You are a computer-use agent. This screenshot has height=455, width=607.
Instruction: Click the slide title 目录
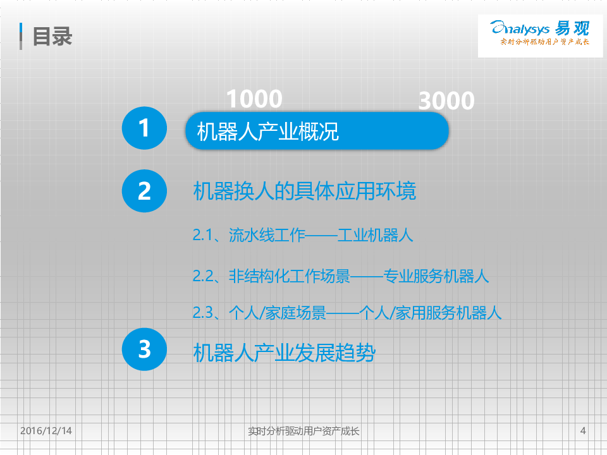(x=52, y=37)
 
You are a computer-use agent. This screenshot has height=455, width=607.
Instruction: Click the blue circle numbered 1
(x=144, y=128)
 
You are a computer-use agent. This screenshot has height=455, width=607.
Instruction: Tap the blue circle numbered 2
(x=144, y=191)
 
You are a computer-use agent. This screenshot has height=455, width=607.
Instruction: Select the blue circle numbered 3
(x=144, y=349)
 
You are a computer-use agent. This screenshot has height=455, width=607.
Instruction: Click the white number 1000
(x=254, y=99)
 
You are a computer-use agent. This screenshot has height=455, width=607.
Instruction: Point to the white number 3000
(x=446, y=100)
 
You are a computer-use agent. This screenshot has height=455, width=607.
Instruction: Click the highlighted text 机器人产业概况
(x=268, y=131)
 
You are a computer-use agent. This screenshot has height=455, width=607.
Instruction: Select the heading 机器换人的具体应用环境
(x=305, y=191)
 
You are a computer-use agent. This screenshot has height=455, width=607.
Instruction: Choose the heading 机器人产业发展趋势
(x=285, y=353)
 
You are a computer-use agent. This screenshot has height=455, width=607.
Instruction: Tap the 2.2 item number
(x=203, y=276)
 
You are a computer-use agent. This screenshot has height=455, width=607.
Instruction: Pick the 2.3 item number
(x=203, y=313)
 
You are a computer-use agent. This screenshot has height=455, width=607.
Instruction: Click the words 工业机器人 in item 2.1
(x=375, y=235)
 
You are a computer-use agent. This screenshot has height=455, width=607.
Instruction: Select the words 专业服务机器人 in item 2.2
(x=436, y=276)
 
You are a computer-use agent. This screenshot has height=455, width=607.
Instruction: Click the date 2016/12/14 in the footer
(x=46, y=430)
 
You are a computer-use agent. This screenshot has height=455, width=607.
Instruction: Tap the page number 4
(x=583, y=430)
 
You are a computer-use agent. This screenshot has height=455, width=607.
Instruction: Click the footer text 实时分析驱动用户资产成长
(x=303, y=431)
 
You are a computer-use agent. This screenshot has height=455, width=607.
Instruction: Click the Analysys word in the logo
(x=520, y=28)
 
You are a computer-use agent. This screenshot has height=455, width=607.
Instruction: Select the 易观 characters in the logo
(x=572, y=28)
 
